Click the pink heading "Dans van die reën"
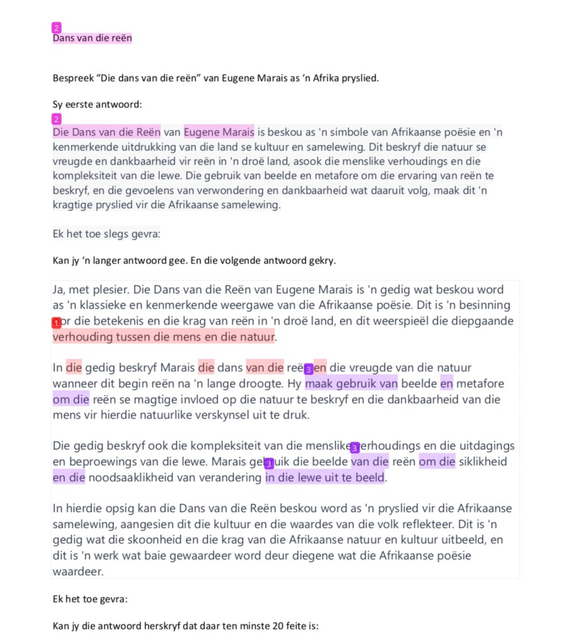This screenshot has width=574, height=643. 92,38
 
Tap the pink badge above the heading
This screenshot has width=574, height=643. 57,28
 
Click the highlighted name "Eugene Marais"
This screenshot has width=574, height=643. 219,132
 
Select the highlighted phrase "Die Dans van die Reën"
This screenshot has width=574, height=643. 106,132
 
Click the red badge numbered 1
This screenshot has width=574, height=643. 57,323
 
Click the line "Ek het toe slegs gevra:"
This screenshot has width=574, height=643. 106,234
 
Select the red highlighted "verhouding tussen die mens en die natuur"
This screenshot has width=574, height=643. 163,337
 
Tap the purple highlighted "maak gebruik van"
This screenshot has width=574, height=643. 351,383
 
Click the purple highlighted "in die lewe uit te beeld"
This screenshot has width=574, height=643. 324,477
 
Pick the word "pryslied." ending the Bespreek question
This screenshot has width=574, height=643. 360,79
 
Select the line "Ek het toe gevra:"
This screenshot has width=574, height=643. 90,599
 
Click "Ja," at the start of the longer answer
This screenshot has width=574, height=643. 60,289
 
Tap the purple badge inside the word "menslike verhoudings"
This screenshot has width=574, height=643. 355,447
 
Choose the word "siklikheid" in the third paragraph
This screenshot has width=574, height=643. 484,462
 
